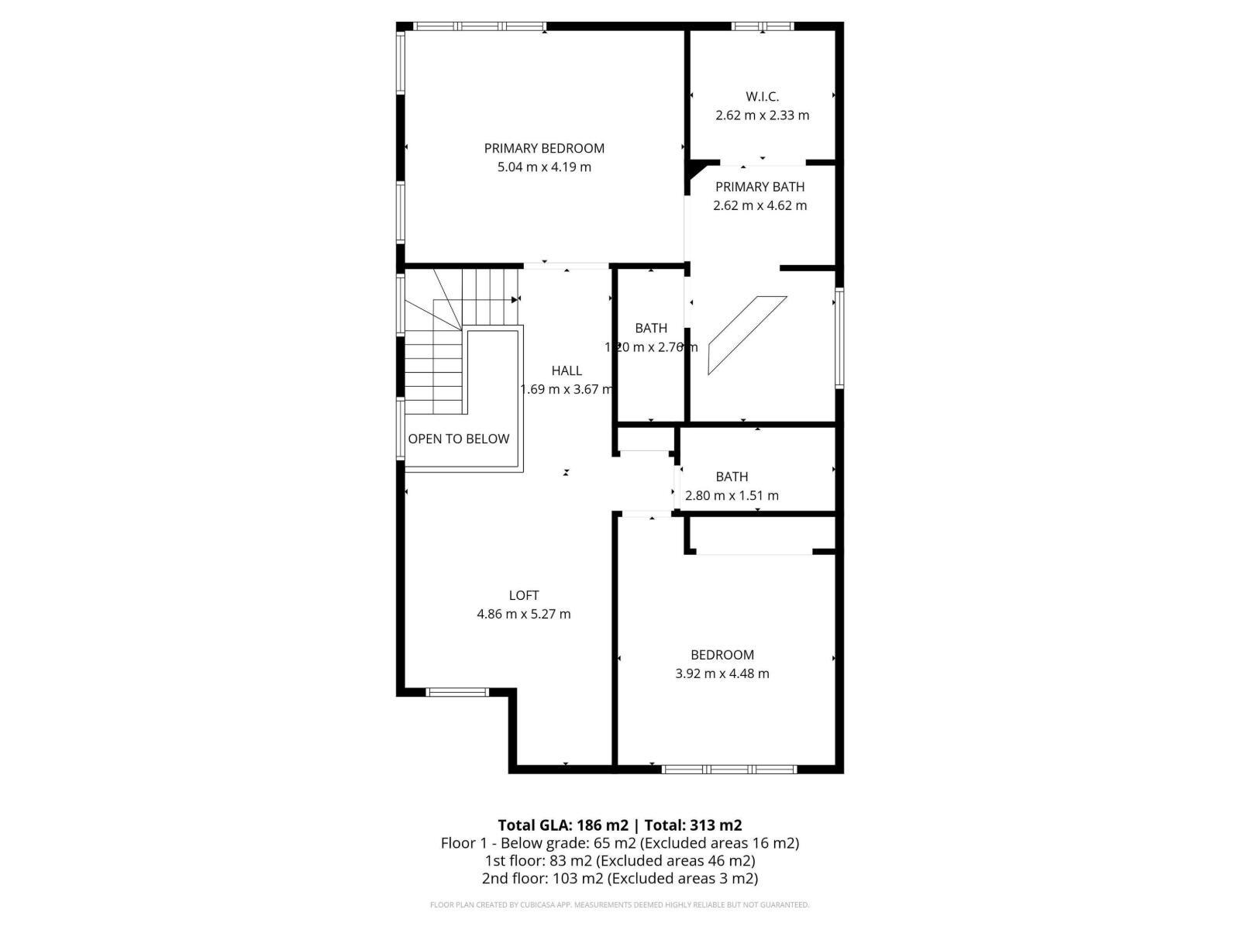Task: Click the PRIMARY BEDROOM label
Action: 544,148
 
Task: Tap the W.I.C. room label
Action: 762,97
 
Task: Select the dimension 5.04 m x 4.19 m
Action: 544,167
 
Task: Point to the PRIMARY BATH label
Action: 759,187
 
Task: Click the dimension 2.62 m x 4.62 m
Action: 759,205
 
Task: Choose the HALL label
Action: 567,370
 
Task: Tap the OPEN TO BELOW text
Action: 459,439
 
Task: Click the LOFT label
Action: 524,595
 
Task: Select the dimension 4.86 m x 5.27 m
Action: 524,614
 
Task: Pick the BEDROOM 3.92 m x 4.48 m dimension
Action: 722,673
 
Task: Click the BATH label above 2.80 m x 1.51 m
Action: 732,477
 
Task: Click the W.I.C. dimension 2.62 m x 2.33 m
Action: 762,115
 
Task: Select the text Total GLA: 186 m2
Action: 563,825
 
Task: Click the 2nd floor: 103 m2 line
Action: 620,878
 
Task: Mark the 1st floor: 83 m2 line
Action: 620,860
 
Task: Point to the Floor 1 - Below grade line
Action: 620,842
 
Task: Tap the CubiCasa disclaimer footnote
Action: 620,904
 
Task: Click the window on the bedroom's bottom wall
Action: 728,769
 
